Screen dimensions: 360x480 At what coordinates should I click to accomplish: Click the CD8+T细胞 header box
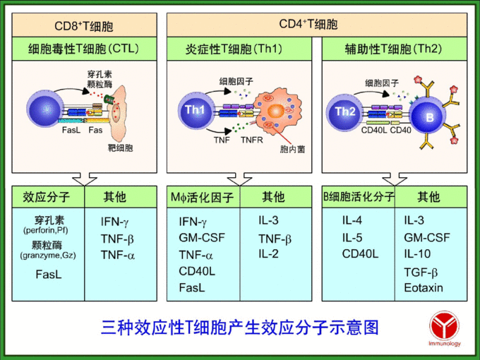[83, 27]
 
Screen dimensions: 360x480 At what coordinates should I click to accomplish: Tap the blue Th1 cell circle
[194, 110]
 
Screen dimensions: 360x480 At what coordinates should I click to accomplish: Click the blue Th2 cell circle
[345, 111]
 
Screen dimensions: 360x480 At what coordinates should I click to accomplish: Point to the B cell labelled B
[429, 116]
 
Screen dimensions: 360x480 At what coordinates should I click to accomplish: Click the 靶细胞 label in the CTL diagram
[119, 149]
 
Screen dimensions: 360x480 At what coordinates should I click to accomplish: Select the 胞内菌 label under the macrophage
[292, 150]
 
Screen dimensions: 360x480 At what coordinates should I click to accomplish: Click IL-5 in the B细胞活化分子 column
[353, 237]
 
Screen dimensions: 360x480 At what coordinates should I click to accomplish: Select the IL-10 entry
[418, 253]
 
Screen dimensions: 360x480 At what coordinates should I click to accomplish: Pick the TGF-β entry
[421, 272]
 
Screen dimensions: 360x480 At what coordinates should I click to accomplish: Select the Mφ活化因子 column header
[202, 197]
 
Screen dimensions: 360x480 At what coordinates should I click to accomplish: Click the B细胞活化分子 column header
[359, 196]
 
